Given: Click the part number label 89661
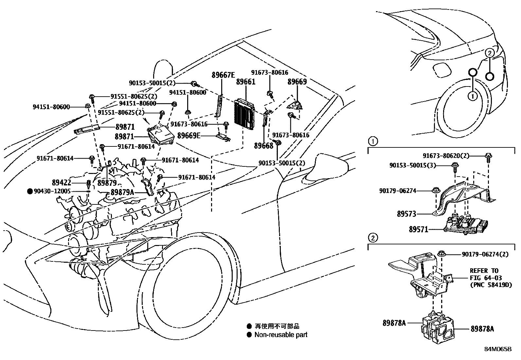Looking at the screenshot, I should [x=245, y=82].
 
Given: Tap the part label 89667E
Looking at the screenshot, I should [x=223, y=75].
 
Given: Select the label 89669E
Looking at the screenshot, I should [x=189, y=135].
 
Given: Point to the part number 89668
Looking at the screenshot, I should [x=263, y=145].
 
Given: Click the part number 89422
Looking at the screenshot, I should [x=62, y=182].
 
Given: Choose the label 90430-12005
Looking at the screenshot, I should [x=52, y=191].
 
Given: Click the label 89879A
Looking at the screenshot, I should [x=122, y=192].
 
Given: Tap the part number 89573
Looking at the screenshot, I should [x=406, y=214].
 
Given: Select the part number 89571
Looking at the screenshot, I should [x=418, y=229].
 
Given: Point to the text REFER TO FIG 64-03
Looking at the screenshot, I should [x=484, y=275].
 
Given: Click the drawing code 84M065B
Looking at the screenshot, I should [x=497, y=349].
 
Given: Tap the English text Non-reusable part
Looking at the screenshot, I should [x=281, y=335].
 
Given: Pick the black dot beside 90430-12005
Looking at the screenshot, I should [x=30, y=191].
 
